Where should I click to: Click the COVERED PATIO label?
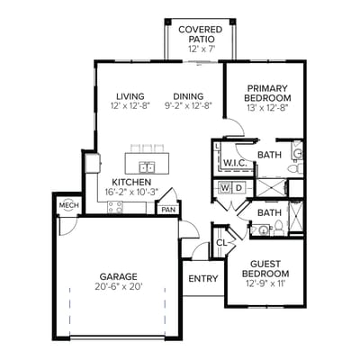[195, 34]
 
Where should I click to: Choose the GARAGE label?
[118, 276]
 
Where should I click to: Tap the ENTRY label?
[202, 278]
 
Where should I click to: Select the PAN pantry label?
[167, 210]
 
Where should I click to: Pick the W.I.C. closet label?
[236, 163]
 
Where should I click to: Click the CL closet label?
[221, 242]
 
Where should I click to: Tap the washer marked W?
[225, 188]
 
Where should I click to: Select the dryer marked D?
[238, 188]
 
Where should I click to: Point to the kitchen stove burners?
[115, 206]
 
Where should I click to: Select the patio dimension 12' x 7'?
[195, 49]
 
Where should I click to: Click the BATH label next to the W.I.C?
[269, 155]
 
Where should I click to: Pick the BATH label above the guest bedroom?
[269, 213]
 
